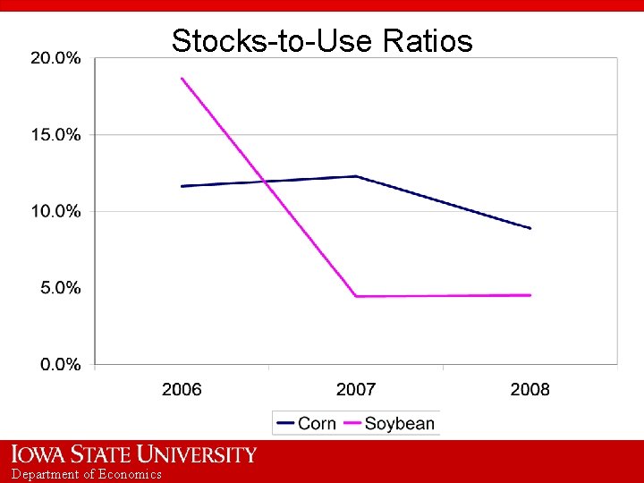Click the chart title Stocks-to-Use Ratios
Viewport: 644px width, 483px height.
(322, 41)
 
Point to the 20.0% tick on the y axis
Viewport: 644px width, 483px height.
(55, 58)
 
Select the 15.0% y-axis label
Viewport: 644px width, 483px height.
(55, 135)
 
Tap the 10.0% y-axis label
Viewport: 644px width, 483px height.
(55, 212)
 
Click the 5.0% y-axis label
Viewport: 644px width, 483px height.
(59, 288)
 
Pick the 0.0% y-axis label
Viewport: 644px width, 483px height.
(59, 365)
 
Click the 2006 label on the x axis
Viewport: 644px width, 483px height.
(182, 389)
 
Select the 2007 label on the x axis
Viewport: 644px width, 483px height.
(356, 389)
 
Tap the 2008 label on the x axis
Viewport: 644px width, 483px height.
(530, 389)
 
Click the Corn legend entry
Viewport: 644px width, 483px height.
(307, 423)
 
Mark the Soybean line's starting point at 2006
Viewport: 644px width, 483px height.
(182, 79)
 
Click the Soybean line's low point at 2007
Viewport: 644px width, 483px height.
(356, 296)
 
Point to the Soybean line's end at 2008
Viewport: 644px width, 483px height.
(530, 295)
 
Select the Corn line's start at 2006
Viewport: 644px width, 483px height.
(182, 186)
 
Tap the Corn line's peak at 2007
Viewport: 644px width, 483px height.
(356, 176)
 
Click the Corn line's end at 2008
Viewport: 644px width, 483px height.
(530, 228)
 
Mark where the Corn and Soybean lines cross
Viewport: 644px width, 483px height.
(265, 182)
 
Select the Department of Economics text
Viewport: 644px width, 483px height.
(87, 474)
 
